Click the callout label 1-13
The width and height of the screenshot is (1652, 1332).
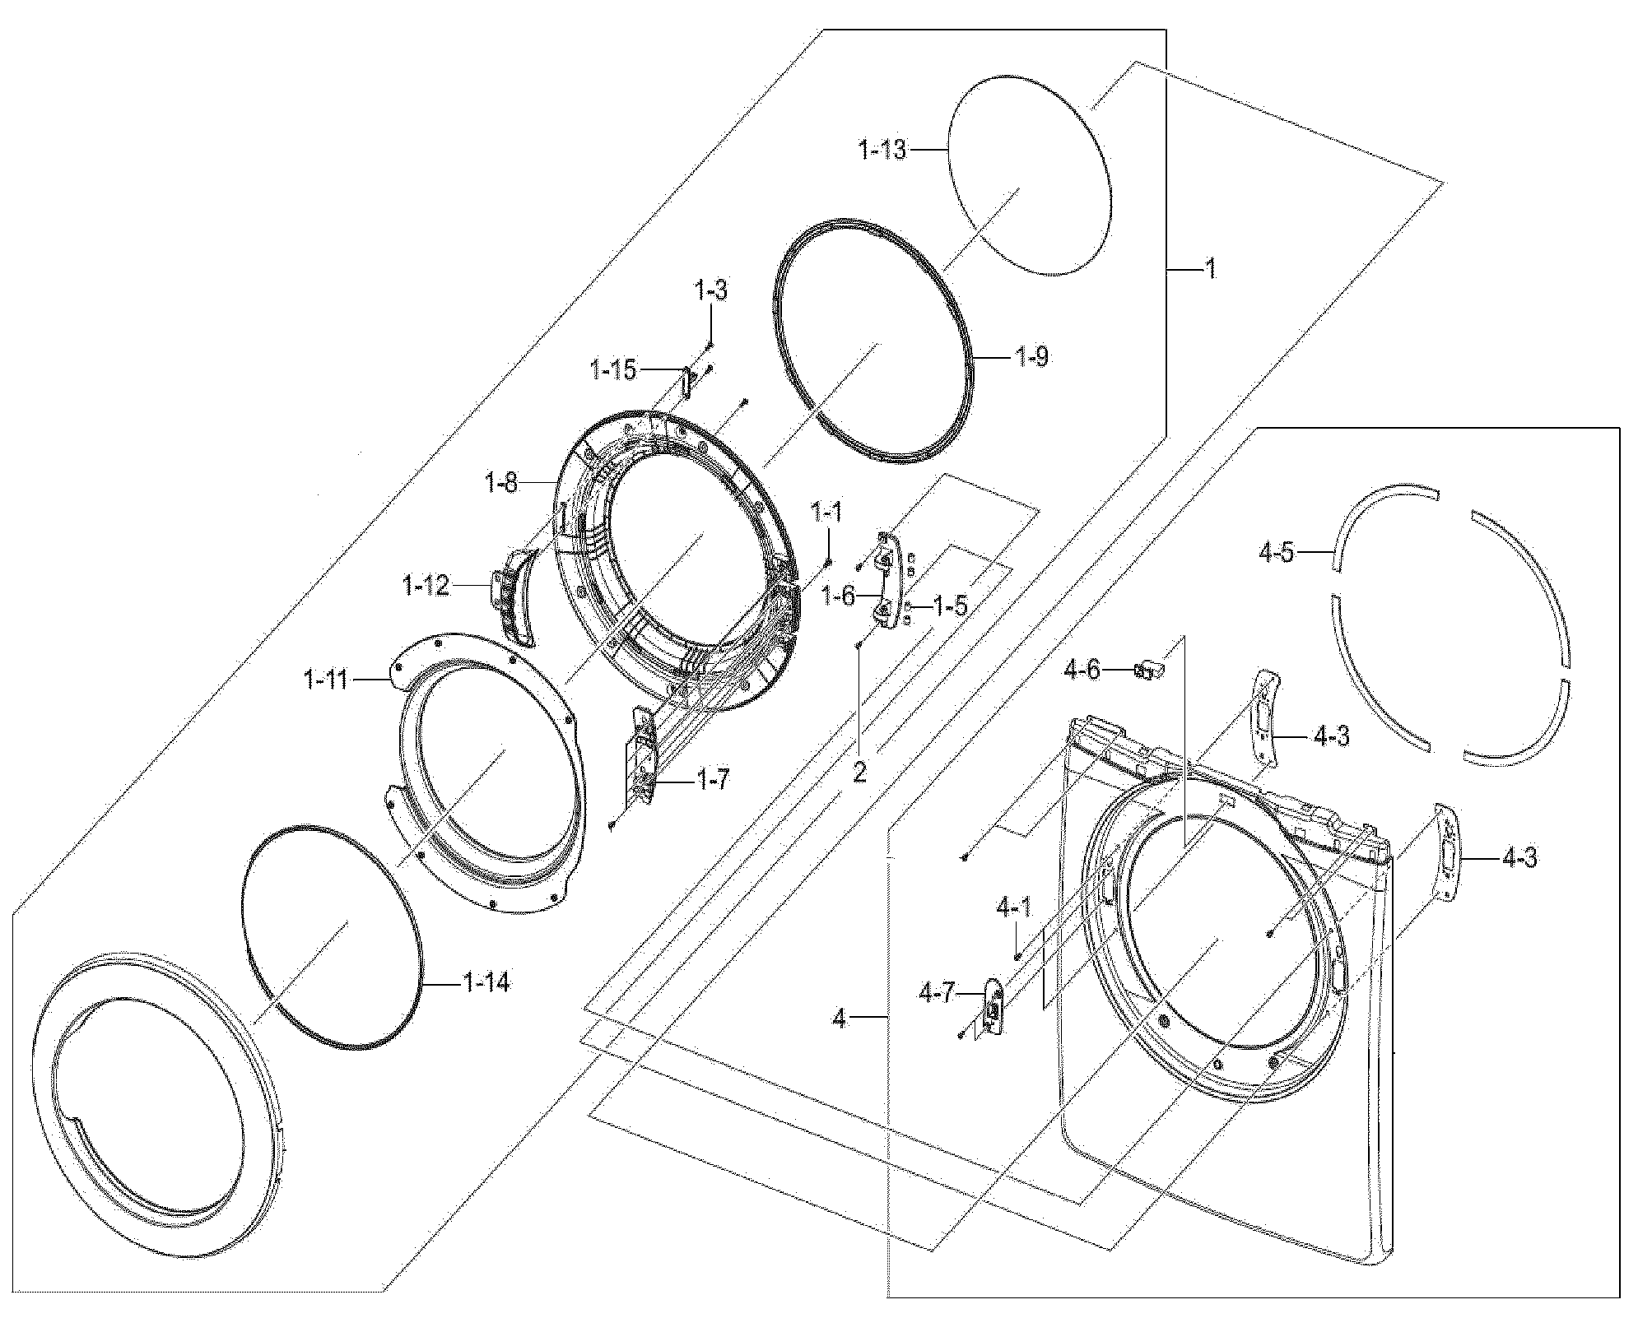point(882,150)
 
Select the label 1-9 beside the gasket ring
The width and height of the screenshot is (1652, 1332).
point(1031,357)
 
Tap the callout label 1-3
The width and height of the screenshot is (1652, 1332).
point(711,290)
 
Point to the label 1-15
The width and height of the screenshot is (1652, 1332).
point(613,370)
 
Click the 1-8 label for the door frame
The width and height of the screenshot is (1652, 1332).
point(501,482)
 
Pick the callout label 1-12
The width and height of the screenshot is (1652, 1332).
point(426,586)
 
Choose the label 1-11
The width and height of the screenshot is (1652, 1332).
point(327,680)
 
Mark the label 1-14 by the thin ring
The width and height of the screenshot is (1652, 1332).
point(486,982)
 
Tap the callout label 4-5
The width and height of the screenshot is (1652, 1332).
point(1276,552)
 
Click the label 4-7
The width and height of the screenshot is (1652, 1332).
point(937,995)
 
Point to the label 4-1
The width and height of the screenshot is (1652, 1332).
point(1013,908)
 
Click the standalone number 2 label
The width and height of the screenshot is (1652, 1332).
point(859,772)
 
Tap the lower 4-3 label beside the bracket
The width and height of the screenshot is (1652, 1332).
point(1519,859)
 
